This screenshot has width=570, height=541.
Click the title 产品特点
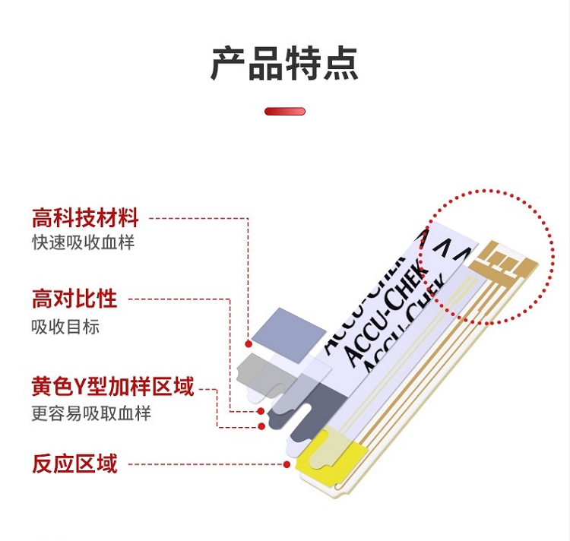click(285, 64)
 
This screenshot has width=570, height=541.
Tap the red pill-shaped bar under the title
click(285, 111)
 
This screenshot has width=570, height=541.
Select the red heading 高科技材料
click(85, 217)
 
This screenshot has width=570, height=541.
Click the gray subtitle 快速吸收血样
click(84, 242)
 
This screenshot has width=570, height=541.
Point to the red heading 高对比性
click(74, 299)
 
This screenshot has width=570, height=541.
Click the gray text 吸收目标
click(65, 327)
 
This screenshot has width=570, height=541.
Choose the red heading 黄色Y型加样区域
click(113, 386)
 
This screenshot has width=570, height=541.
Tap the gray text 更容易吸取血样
click(91, 413)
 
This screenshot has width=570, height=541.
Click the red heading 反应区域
click(74, 463)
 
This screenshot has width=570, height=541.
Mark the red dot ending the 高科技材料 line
click(249, 343)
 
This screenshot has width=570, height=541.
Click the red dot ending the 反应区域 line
click(287, 464)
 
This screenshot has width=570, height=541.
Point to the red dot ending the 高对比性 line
click(260, 411)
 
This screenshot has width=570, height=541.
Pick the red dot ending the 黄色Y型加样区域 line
click(261, 426)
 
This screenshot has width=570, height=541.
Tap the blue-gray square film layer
click(288, 335)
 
